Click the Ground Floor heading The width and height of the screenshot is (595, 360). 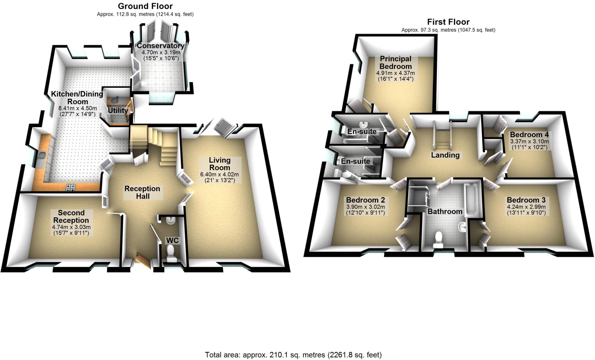tap(145, 6)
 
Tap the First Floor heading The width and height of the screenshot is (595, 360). tap(448, 22)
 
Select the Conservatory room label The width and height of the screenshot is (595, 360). tap(160, 46)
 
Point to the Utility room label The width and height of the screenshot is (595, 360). tap(118, 110)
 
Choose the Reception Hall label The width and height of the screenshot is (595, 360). tap(142, 192)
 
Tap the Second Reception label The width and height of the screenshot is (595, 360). tap(71, 216)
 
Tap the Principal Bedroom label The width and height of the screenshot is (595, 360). tap(395, 62)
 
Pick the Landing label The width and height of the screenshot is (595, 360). tap(445, 155)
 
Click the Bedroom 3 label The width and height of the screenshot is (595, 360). tap(526, 200)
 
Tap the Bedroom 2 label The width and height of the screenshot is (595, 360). tap(365, 200)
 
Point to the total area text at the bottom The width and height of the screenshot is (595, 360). tap(293, 355)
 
